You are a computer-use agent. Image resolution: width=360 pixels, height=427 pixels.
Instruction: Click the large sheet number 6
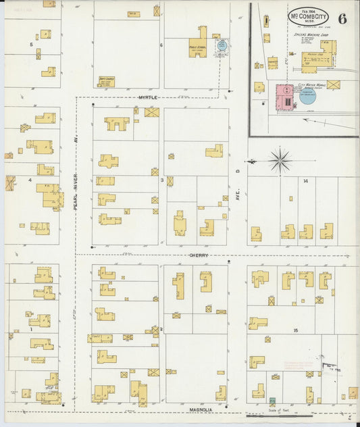tap(343, 18)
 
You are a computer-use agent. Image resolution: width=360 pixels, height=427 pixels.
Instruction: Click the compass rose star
tap(280, 161)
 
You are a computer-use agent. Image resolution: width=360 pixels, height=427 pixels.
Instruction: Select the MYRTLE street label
tap(148, 98)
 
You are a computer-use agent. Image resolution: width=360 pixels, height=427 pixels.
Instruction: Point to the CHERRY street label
tap(199, 255)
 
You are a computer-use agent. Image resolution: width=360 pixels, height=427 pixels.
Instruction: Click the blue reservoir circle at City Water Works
tap(307, 96)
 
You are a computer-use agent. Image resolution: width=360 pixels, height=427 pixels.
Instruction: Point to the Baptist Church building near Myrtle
tap(106, 81)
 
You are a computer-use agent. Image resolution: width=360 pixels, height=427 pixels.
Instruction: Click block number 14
tap(305, 181)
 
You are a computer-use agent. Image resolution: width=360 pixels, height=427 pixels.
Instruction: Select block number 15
tap(296, 329)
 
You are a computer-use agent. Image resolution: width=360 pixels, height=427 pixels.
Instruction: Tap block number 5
tap(31, 45)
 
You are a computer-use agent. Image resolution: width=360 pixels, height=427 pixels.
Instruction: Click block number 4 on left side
tap(30, 180)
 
